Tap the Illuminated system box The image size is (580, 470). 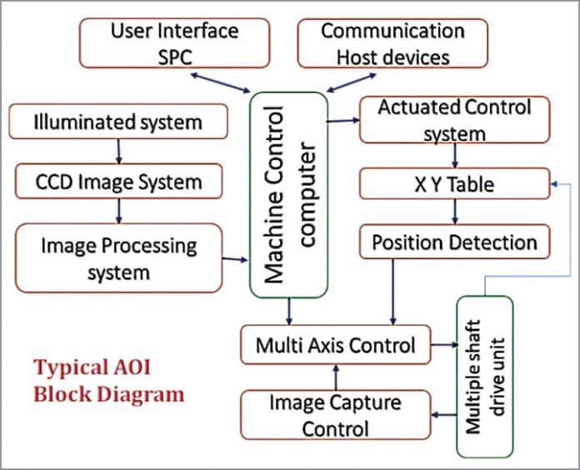[x=117, y=122]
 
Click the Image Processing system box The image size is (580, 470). [x=119, y=257]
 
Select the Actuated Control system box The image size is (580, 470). [x=455, y=119]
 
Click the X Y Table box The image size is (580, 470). [x=455, y=183]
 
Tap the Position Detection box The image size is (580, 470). [x=455, y=242]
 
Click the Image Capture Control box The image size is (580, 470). [x=335, y=415]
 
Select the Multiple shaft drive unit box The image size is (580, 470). [x=484, y=375]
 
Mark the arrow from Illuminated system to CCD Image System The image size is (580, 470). [x=118, y=150]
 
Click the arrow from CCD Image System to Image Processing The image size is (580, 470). [x=118, y=210]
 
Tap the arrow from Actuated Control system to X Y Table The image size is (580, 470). [x=455, y=155]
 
